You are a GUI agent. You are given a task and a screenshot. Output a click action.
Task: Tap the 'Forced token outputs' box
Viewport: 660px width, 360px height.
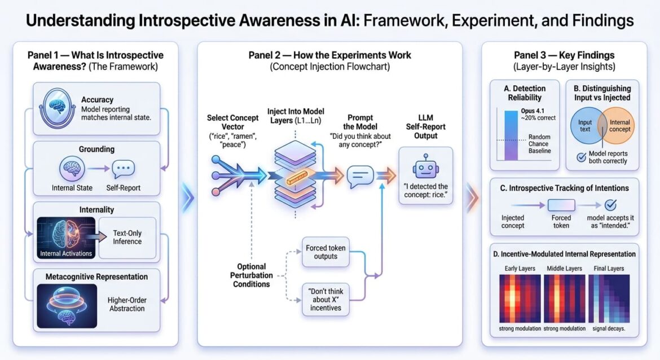322,252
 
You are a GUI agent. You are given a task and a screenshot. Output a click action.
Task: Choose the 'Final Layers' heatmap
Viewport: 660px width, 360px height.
609,298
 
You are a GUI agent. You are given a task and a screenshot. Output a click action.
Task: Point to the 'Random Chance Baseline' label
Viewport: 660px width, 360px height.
539,144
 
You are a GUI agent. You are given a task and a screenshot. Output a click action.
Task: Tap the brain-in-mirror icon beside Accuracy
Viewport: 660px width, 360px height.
58,108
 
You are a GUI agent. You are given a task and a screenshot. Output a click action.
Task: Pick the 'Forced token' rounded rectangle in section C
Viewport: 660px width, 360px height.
561,205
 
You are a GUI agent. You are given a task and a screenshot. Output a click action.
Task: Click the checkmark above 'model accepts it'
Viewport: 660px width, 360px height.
609,205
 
